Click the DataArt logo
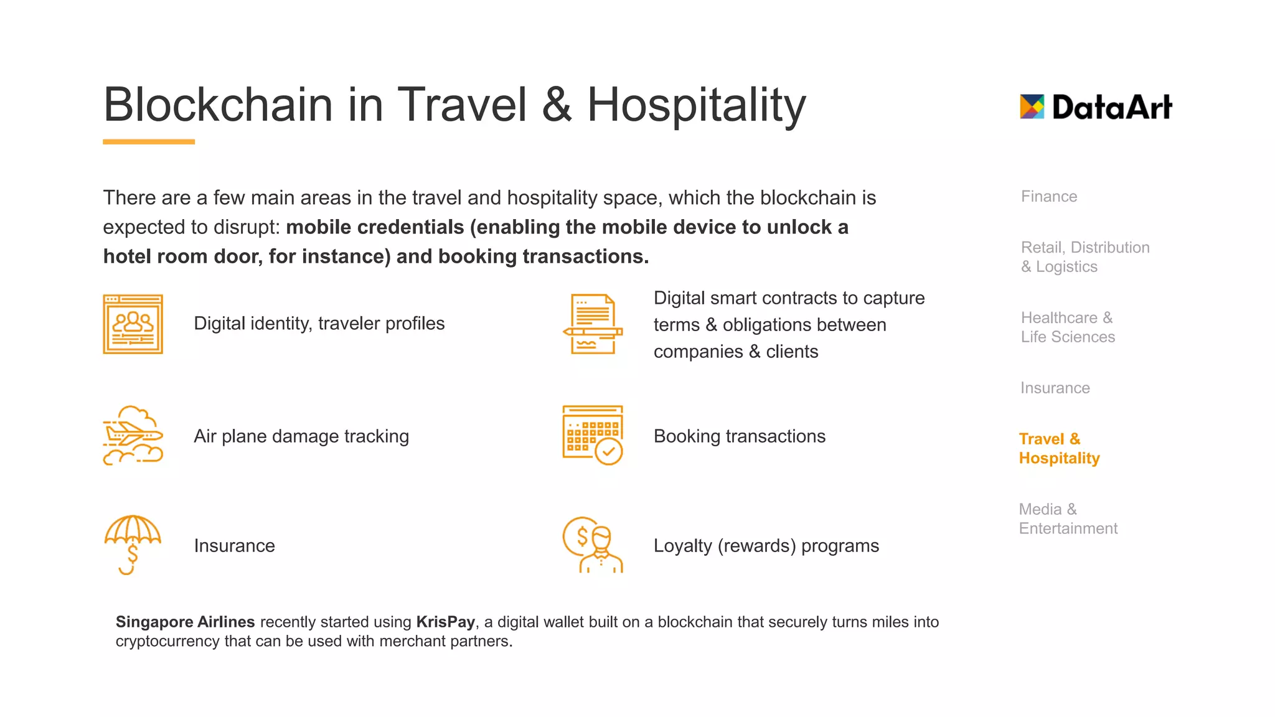1096,107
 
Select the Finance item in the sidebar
1049,197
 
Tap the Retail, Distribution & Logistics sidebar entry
1084,257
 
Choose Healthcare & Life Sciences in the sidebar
1068,327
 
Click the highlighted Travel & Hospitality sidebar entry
1059,449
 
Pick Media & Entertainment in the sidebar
1068,519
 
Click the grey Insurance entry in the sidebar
1055,388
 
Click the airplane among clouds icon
133,436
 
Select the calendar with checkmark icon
593,435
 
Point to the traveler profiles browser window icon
133,324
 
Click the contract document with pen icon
593,324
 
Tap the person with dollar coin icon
593,545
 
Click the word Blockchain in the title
219,105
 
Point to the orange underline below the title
149,142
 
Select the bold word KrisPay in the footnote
445,622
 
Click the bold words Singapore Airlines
185,622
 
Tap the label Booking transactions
739,436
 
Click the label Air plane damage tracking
301,436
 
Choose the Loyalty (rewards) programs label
766,546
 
